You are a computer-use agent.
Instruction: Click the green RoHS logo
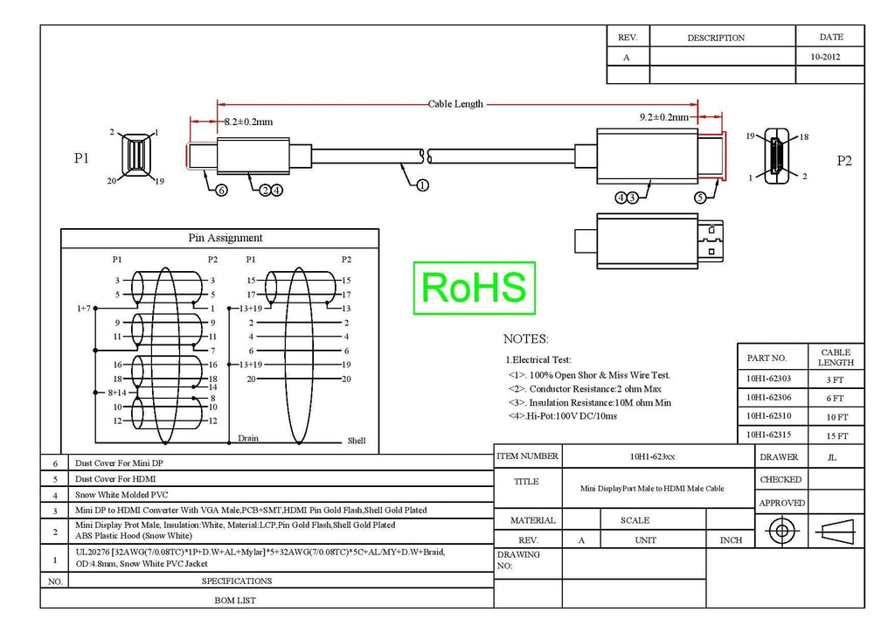point(474,288)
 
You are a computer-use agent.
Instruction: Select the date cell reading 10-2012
point(825,57)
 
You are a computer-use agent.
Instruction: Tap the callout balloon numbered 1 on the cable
point(422,185)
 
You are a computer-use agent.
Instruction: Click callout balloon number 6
point(221,190)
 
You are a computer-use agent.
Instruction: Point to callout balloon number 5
point(700,198)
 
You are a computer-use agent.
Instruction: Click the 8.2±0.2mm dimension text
point(248,122)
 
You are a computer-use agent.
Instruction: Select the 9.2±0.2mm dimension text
point(664,117)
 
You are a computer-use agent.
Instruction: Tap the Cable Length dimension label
point(455,104)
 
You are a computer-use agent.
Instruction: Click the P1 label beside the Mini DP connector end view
point(81,158)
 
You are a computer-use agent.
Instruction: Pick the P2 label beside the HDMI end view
point(844,161)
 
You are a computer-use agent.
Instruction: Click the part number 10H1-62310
point(768,416)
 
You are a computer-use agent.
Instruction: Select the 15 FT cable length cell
point(837,436)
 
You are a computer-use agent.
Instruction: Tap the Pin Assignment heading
point(225,238)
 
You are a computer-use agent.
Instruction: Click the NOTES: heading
point(525,339)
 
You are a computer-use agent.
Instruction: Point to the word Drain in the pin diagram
point(247,438)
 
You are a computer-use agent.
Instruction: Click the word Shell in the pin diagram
point(357,441)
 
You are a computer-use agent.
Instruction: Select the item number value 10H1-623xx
point(652,456)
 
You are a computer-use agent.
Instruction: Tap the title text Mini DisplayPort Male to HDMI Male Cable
point(652,489)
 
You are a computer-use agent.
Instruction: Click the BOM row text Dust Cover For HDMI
point(115,479)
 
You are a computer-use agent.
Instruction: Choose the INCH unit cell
point(732,540)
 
